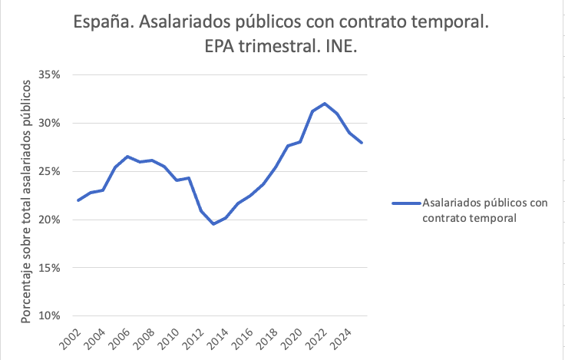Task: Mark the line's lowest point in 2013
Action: (x=213, y=224)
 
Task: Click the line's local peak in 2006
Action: (x=127, y=156)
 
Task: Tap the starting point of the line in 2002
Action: (x=78, y=200)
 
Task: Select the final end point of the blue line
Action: (x=362, y=143)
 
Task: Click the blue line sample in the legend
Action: (x=405, y=203)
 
